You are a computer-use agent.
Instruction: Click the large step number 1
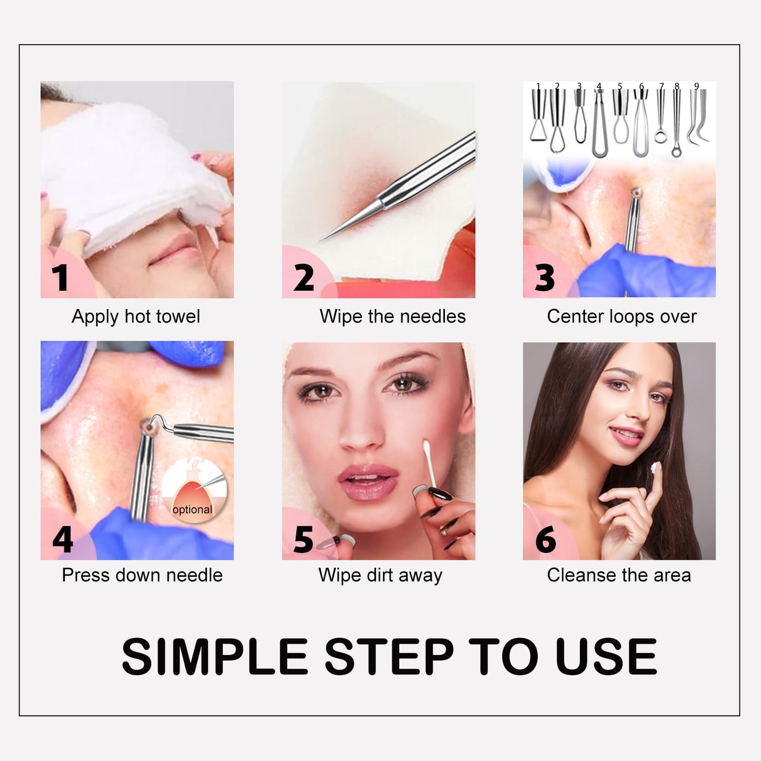(60, 278)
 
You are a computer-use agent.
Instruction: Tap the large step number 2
(304, 278)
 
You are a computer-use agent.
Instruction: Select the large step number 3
(545, 278)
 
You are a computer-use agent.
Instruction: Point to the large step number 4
(63, 539)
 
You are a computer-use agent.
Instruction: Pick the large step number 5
(304, 539)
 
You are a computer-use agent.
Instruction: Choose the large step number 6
(546, 539)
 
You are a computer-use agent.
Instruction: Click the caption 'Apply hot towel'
(136, 317)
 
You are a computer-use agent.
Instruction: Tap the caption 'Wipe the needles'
(392, 317)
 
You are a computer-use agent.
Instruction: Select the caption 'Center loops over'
(621, 317)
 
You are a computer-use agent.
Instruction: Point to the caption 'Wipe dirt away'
(380, 576)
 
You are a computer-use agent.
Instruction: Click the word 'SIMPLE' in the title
(214, 657)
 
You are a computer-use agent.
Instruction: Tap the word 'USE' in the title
(606, 657)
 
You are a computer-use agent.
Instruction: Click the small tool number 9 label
(697, 86)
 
